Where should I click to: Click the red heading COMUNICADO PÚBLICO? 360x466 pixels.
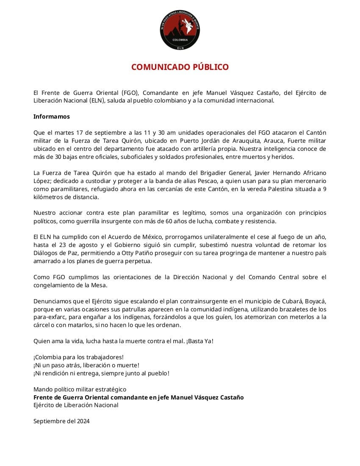tap(180, 67)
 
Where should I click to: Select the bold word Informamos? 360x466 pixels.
tap(52, 116)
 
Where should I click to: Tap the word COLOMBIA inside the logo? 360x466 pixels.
tap(180, 39)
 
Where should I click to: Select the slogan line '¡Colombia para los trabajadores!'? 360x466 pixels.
tap(78, 357)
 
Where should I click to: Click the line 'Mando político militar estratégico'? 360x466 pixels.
tap(80, 389)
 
